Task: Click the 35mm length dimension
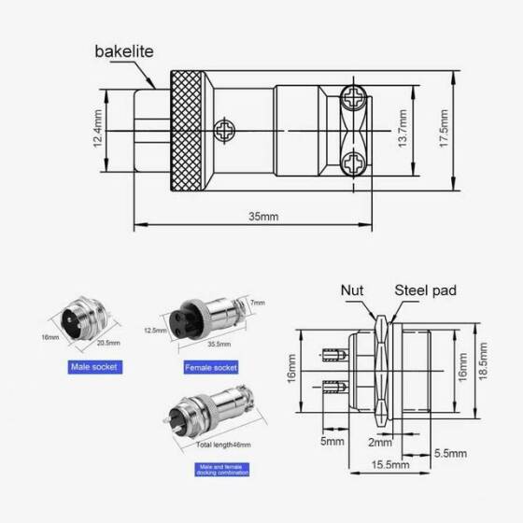[x=263, y=216]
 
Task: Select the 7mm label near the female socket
[x=258, y=303]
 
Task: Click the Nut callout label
[x=352, y=291]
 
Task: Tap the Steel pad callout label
[x=425, y=291]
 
